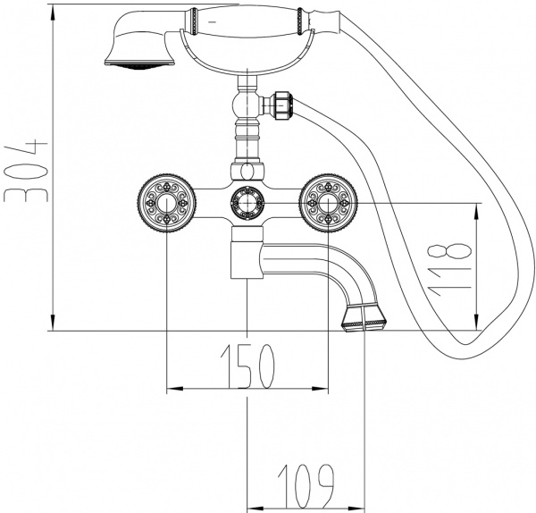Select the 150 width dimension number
click(247, 365)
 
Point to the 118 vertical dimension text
click(456, 266)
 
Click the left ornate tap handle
click(167, 205)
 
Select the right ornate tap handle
click(329, 205)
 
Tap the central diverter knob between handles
click(247, 203)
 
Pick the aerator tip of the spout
click(364, 317)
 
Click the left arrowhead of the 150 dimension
click(172, 389)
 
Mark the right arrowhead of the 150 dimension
click(323, 389)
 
